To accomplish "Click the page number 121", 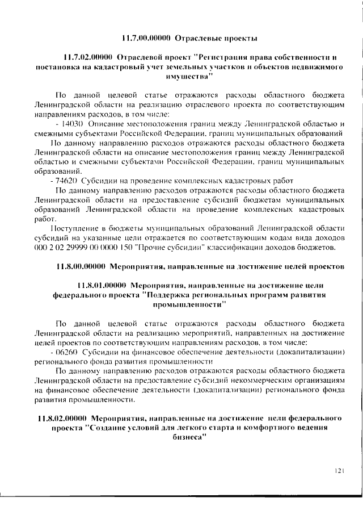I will (x=340, y=470).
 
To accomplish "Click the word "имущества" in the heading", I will (x=181, y=76).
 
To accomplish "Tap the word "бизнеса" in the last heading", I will (x=185, y=438).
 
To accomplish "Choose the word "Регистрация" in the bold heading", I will (x=223, y=57).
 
